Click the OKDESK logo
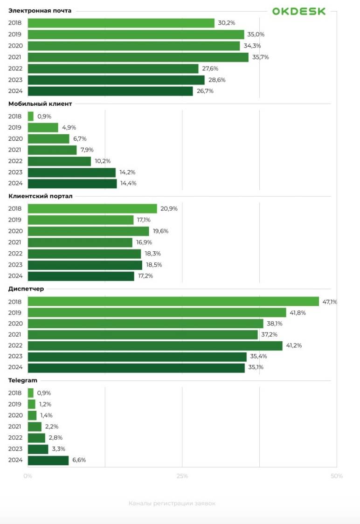pos(299,11)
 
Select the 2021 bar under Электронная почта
pos(138,57)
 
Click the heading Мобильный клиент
pos(40,104)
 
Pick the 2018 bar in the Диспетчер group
pos(173,302)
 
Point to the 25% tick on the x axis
pos(182,476)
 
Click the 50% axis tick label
pos(337,476)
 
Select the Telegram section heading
pos(23,380)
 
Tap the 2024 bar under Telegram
pos(48,460)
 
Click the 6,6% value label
pos(79,460)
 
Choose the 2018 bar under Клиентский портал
pos(92,208)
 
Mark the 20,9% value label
pos(169,208)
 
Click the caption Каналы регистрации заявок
pos(172,503)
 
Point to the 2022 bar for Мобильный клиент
pos(59,161)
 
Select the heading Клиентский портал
pos(41,196)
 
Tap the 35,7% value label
pos(261,57)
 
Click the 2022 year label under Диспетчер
pos(15,345)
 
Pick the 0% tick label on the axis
pos(28,476)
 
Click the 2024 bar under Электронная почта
pos(110,91)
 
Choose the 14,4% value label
pos(128,184)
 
